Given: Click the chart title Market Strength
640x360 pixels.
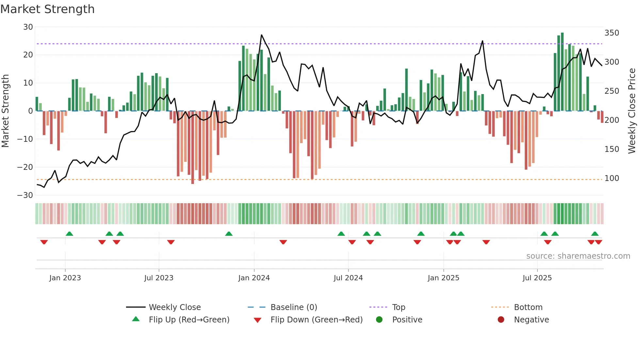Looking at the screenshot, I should pyautogui.click(x=47, y=9).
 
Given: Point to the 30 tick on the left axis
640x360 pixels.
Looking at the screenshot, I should pyautogui.click(x=28, y=27).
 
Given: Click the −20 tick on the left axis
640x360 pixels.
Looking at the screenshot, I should pyautogui.click(x=25, y=167).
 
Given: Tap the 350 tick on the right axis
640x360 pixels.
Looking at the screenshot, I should pyautogui.click(x=612, y=33).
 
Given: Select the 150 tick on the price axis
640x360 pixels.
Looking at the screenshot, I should pyautogui.click(x=612, y=149).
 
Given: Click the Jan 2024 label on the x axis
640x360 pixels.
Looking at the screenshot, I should pyautogui.click(x=254, y=278).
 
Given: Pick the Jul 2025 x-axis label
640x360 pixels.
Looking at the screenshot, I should pyautogui.click(x=537, y=278).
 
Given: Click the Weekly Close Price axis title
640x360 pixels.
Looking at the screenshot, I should pyautogui.click(x=632, y=111).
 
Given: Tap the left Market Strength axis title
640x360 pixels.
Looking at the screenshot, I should pyautogui.click(x=5, y=111).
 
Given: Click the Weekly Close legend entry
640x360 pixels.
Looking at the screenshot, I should pyautogui.click(x=174, y=307).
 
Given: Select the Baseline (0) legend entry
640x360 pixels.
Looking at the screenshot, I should pyautogui.click(x=294, y=307).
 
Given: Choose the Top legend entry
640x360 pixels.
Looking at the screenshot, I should pyautogui.click(x=398, y=307).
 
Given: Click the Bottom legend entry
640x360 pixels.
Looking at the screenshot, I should pyautogui.click(x=528, y=307).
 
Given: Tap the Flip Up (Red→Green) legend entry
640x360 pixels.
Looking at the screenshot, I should pyautogui.click(x=189, y=320).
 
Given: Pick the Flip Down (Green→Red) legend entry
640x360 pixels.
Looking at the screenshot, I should pyautogui.click(x=316, y=320).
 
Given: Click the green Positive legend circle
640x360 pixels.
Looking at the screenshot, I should pyautogui.click(x=379, y=319).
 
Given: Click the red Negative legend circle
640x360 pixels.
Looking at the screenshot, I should pyautogui.click(x=501, y=319).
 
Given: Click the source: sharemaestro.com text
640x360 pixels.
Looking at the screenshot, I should pyautogui.click(x=578, y=256).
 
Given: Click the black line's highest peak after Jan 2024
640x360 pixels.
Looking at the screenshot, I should pyautogui.click(x=262, y=35).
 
